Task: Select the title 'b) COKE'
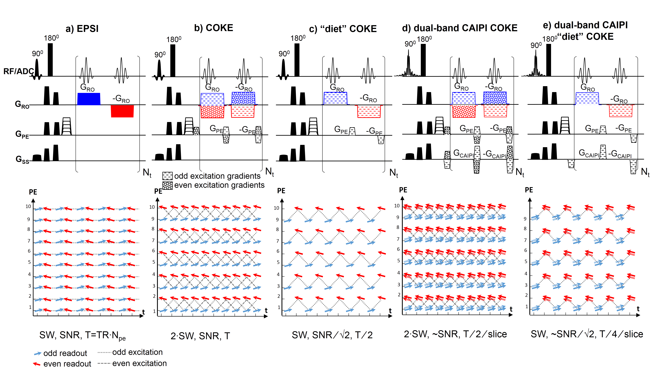pyautogui.click(x=214, y=28)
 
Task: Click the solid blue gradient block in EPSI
pyautogui.click(x=89, y=99)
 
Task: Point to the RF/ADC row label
pyautogui.click(x=18, y=71)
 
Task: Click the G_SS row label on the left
pyautogui.click(x=22, y=159)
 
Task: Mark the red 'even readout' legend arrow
pyautogui.click(x=37, y=364)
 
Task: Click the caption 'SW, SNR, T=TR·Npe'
pyautogui.click(x=82, y=335)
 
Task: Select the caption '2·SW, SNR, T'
pyautogui.click(x=200, y=336)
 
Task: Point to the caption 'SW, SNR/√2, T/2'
pyautogui.click(x=332, y=335)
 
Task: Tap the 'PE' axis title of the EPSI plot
pyautogui.click(x=33, y=192)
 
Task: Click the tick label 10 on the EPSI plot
pyautogui.click(x=28, y=206)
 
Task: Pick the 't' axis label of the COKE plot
pyautogui.click(x=266, y=310)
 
